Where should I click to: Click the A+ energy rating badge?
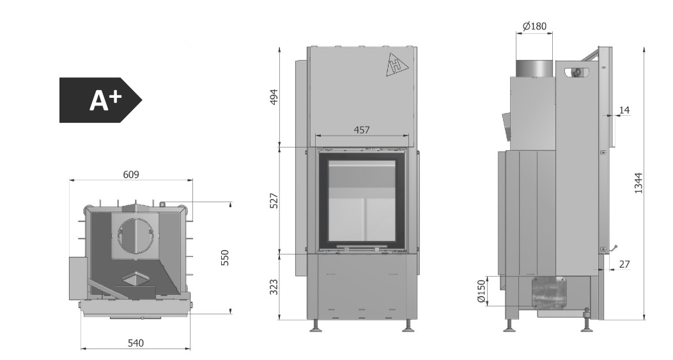pos(100,100)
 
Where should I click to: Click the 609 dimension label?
pos(131,175)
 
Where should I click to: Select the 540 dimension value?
pos(135,343)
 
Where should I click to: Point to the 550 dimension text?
pos(225,258)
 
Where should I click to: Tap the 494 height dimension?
pos(274,97)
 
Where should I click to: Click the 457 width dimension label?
pos(361,129)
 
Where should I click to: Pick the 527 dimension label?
pos(274,201)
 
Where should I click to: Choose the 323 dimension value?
pos(274,287)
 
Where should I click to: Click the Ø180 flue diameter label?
pos(535,26)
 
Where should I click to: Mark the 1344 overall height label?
pos(638,183)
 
